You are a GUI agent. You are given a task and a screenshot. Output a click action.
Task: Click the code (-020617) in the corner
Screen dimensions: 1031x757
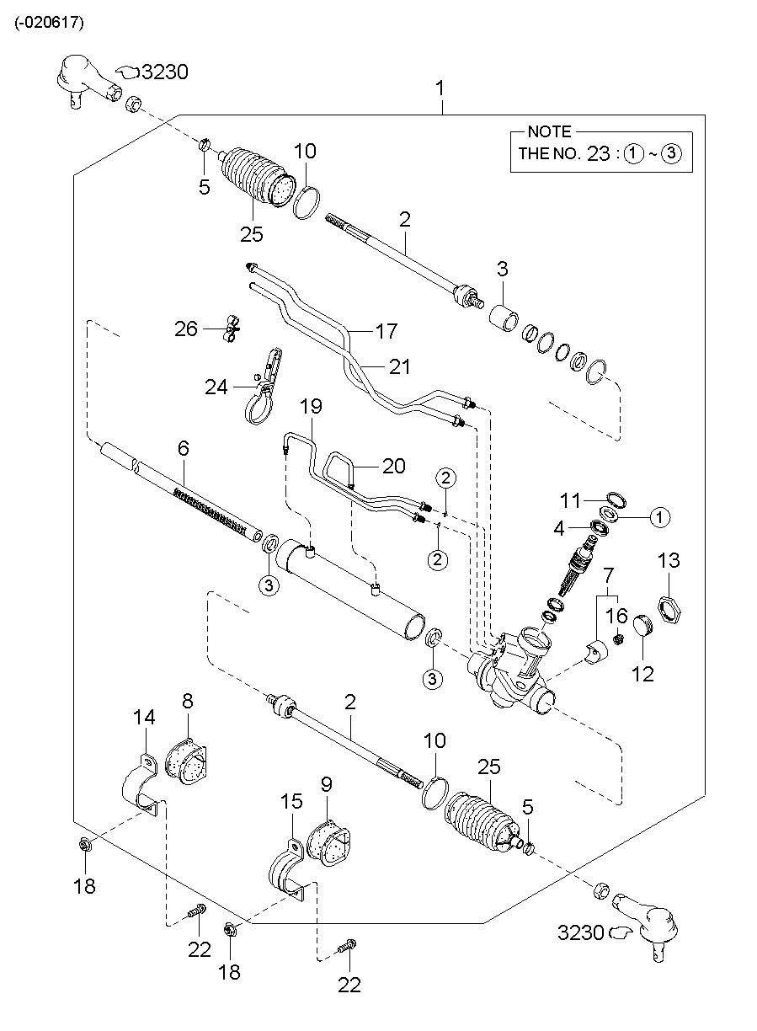coord(49,24)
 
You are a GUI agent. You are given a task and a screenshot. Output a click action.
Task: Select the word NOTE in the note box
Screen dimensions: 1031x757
coord(548,132)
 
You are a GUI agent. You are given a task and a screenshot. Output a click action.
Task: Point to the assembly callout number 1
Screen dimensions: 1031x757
coord(440,88)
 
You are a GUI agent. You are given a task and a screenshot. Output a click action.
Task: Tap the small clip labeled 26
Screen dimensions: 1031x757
coord(230,328)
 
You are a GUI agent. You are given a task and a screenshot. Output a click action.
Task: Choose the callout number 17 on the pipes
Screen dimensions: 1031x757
coord(386,331)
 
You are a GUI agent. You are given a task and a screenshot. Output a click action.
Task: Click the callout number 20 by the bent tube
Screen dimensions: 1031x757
coord(393,466)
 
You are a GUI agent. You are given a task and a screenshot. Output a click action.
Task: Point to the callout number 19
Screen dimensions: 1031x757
coord(311,407)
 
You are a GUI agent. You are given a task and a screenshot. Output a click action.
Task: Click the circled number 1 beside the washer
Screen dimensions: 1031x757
coord(659,516)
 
